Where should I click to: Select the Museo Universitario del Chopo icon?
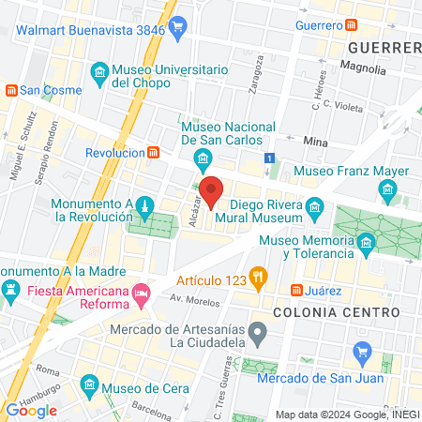click(x=99, y=72)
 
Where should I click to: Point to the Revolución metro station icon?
click(x=153, y=152)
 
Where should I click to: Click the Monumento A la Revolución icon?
click(x=143, y=205)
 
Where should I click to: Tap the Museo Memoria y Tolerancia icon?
click(x=366, y=246)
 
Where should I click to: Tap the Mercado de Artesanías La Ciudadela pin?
click(x=265, y=332)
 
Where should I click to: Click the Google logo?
click(x=31, y=410)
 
